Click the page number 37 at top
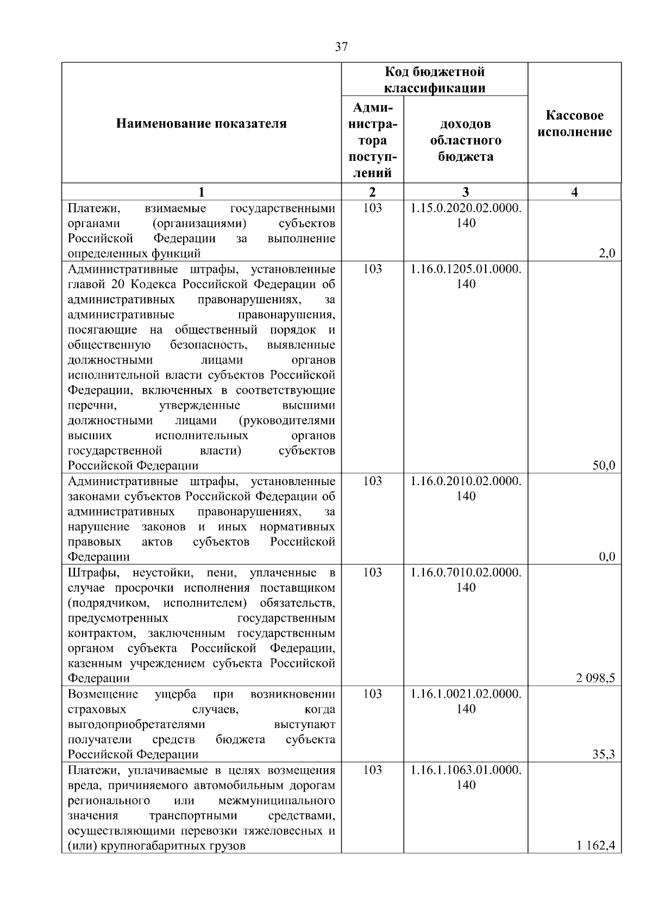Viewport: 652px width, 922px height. (341, 47)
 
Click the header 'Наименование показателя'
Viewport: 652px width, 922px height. (201, 124)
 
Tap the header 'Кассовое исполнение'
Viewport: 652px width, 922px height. (574, 124)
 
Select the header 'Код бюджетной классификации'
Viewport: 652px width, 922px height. (434, 79)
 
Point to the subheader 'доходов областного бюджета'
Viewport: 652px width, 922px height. (466, 140)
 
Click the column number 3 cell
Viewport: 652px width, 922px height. (466, 192)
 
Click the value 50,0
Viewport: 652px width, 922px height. (604, 466)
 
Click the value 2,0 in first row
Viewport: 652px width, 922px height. (606, 253)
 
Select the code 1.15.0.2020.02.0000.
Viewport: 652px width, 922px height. (466, 208)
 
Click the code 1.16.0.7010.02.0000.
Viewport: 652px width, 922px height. (466, 573)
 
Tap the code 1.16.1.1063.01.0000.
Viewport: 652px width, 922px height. (466, 770)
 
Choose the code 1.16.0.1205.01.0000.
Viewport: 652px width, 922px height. (466, 269)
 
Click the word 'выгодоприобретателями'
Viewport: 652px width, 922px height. (136, 724)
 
